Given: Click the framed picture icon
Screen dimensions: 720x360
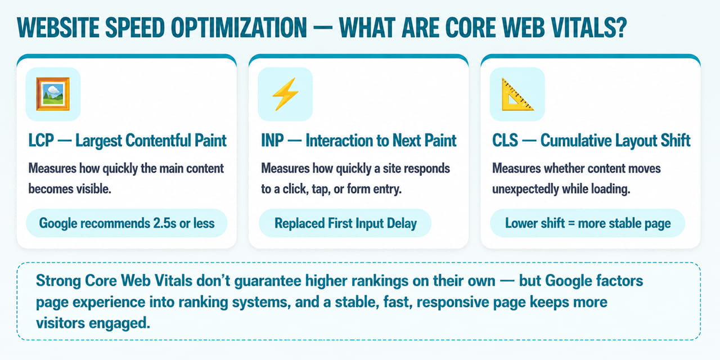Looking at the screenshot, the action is point(53,94).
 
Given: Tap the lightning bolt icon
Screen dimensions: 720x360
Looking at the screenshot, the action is point(285,94).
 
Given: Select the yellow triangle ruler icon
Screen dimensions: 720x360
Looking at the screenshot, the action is point(517,94).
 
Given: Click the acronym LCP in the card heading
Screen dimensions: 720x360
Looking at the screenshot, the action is point(41,141).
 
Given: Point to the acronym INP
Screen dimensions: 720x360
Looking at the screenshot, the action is point(273,141).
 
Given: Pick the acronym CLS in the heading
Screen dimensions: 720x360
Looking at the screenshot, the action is point(505,141).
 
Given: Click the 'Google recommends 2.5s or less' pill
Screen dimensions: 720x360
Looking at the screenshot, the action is point(127,223).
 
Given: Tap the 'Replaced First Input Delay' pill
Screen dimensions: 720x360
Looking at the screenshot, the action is point(345,223).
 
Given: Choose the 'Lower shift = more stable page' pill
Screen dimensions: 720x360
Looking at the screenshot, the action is point(588,223).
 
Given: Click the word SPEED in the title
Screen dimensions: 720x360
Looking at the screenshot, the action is point(134,28).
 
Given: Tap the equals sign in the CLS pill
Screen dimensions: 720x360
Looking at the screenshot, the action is point(571,224).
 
